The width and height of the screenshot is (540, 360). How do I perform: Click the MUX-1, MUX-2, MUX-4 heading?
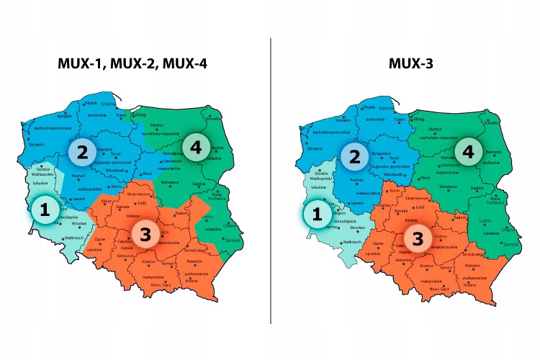click(133, 63)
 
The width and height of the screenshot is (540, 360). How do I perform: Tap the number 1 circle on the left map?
click(45, 210)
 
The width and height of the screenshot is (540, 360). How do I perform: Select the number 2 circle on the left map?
click(83, 151)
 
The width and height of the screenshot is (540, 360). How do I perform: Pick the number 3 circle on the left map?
click(145, 235)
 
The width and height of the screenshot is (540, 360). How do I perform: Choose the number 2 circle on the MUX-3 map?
click(354, 156)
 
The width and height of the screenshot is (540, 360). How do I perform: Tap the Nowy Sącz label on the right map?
click(438, 288)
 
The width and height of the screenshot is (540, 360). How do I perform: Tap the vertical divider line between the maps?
click(271, 180)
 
